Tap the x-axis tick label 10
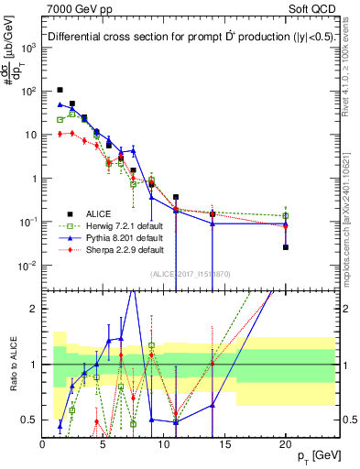164,444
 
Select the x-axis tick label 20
285,444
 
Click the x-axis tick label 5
104,444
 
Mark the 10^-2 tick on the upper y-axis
27,267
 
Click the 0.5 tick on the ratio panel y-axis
30,420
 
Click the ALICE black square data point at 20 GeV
285,247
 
